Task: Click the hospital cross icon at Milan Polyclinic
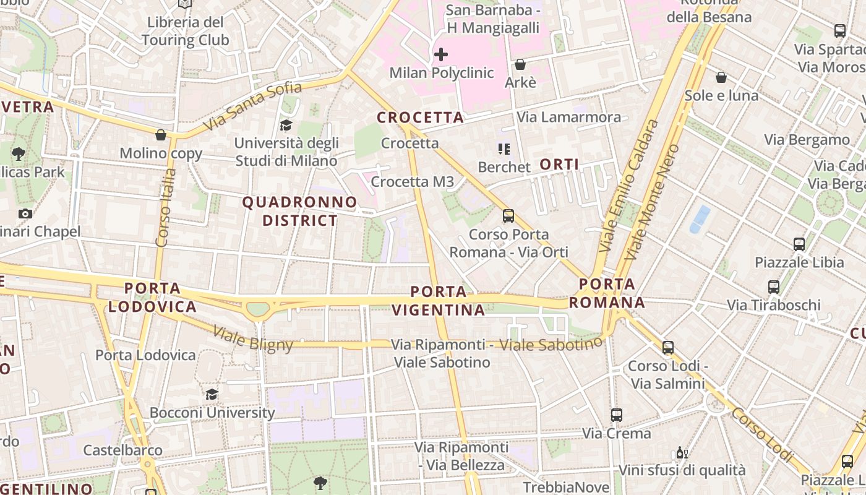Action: (441, 54)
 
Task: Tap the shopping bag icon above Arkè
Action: (520, 64)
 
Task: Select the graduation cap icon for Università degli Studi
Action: (286, 126)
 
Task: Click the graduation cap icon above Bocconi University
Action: (212, 394)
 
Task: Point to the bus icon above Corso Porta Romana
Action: (508, 216)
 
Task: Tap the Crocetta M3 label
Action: (413, 182)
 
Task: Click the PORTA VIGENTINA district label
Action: (439, 301)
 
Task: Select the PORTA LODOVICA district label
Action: (152, 297)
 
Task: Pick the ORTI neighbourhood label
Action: (559, 164)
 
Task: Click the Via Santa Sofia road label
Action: (252, 106)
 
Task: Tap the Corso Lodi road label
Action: (761, 433)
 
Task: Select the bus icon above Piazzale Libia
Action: (799, 244)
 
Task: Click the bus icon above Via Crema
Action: (617, 415)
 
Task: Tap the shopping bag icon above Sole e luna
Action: (721, 77)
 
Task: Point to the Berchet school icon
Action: (504, 149)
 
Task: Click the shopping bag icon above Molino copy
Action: (161, 135)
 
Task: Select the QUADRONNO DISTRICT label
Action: (300, 211)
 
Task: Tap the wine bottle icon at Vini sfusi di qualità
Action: (682, 453)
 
